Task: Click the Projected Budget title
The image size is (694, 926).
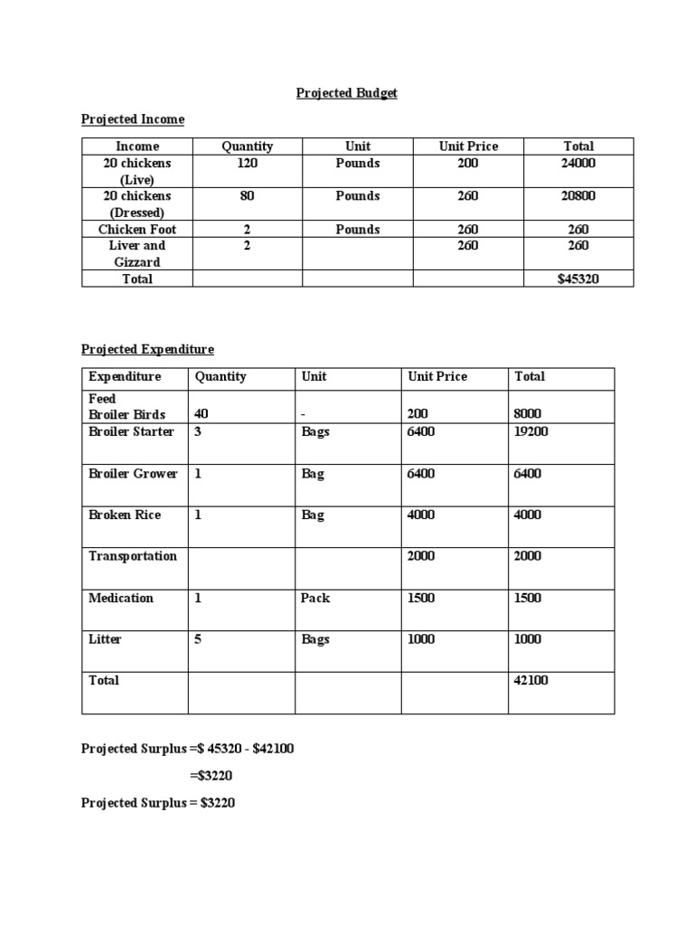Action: pos(347,93)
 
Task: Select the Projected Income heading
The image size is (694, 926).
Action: pos(133,119)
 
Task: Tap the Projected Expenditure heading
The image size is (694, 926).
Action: pos(148,349)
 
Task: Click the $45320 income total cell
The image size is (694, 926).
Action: pos(578,279)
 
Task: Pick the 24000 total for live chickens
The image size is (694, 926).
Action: pos(578,164)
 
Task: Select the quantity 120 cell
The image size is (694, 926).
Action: pos(247,164)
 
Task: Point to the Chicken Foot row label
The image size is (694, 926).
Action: pos(137,230)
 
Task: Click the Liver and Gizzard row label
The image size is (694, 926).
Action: pos(137,253)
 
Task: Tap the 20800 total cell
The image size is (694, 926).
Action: pos(578,196)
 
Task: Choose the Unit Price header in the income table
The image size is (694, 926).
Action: pos(468,146)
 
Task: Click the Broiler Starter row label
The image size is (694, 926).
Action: pos(131,431)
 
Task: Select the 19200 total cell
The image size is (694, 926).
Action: pos(531,431)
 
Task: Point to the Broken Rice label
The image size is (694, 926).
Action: pos(125,515)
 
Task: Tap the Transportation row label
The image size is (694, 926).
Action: pos(133,556)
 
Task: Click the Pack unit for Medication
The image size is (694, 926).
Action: pos(316,598)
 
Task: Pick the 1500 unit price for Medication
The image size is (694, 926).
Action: pos(421,598)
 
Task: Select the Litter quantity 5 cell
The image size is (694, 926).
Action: pos(198,639)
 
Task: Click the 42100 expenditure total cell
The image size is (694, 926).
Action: pos(531,680)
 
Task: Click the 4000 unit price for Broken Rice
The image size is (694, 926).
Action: pos(421,515)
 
